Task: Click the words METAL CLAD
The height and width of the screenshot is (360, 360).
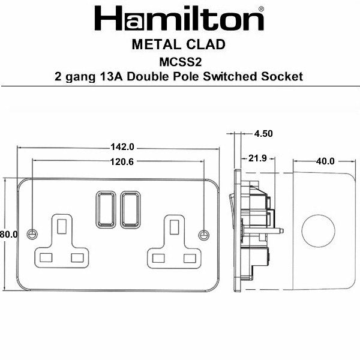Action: [x=179, y=45]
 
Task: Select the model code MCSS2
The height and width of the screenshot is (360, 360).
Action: [x=179, y=61]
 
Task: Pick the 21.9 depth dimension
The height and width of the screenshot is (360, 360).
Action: [x=257, y=158]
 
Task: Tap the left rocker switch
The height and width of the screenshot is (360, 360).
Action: [x=104, y=209]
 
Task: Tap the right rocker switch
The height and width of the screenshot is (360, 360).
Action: [x=130, y=209]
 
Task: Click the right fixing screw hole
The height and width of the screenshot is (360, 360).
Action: [x=203, y=233]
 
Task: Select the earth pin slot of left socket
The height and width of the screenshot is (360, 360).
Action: [x=62, y=226]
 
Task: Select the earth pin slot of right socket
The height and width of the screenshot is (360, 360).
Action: [x=175, y=227]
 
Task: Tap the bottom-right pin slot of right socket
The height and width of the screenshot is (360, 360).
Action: [x=190, y=258]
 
